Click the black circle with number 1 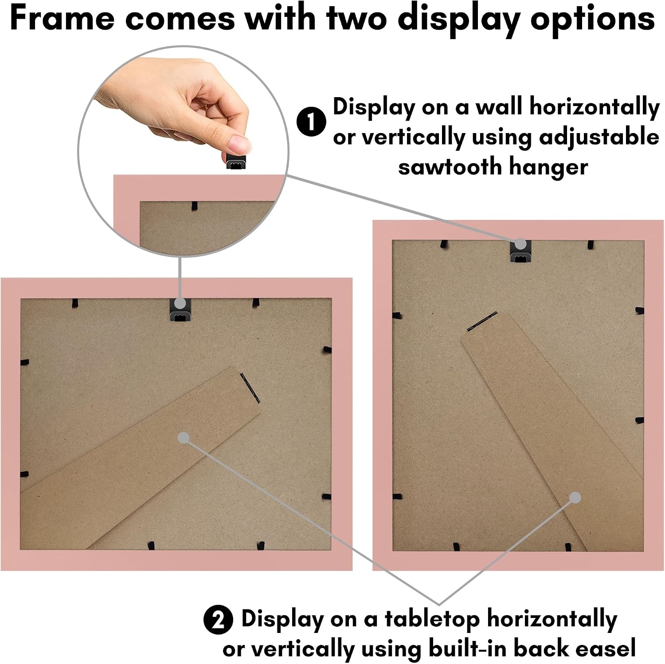pos(311,122)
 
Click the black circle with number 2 pos(218,620)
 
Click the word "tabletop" pos(432,620)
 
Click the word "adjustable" pos(599,138)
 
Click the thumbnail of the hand pos(183,151)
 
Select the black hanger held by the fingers pos(236,161)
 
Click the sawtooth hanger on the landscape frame pos(180,310)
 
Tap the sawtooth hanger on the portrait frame pos(520,251)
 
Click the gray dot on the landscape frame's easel pos(184,438)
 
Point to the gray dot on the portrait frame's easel pos(575,498)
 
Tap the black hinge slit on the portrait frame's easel pos(482,322)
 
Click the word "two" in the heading pos(357,19)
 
